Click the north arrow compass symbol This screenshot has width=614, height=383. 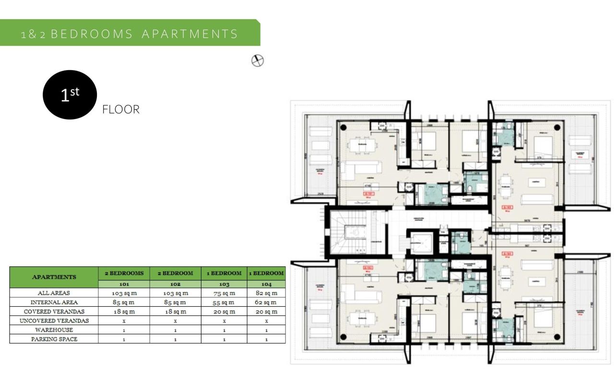click(x=258, y=61)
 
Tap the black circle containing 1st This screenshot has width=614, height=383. click(x=70, y=95)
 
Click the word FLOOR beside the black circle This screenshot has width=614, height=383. click(x=121, y=109)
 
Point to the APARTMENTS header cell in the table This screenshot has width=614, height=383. click(x=54, y=277)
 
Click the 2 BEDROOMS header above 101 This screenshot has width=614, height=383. click(x=124, y=273)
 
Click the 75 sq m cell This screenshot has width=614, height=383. click(x=224, y=293)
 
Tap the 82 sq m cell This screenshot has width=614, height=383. click(x=266, y=293)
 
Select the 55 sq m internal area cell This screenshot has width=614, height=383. click(x=224, y=302)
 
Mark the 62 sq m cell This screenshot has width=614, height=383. click(x=266, y=302)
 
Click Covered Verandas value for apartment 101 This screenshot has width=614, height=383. click(x=124, y=311)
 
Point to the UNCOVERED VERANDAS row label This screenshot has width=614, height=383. click(x=54, y=321)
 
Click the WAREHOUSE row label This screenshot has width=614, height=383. click(x=54, y=330)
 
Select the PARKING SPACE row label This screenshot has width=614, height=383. click(x=54, y=339)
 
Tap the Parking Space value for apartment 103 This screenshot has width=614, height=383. click(x=224, y=339)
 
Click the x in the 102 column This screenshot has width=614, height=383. click(x=175, y=321)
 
